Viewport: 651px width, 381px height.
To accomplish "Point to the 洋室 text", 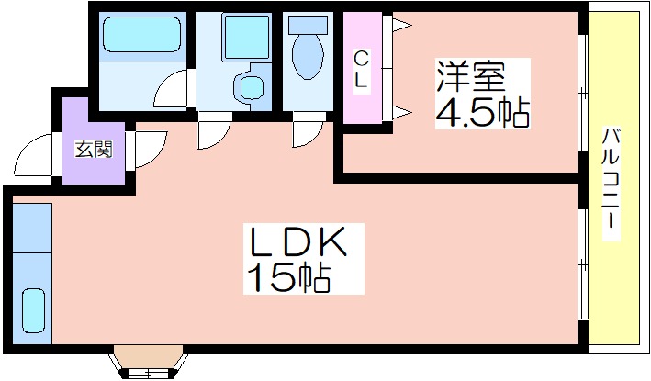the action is [470, 74].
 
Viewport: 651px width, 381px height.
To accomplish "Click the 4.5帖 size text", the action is [481, 112].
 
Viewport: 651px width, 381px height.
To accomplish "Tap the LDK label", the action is [297, 242].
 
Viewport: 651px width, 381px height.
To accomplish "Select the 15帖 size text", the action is [286, 276].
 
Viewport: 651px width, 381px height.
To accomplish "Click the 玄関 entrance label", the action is [93, 148].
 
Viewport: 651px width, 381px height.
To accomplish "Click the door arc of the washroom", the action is [210, 130].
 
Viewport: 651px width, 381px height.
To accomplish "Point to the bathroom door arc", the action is [173, 93].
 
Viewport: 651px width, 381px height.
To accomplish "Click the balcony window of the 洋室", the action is [581, 92].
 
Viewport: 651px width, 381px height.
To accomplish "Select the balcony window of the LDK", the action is [581, 266].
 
